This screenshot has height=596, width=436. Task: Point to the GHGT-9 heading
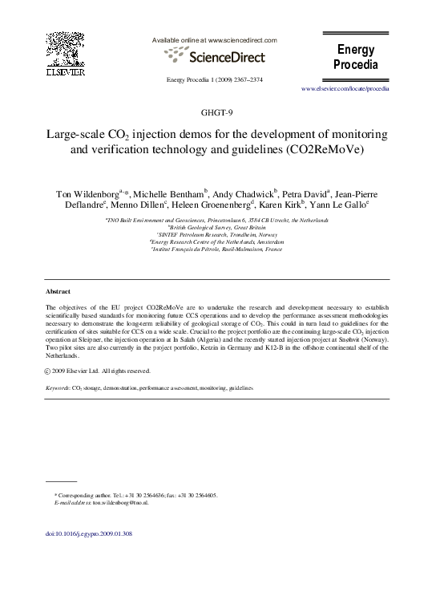pos(218,111)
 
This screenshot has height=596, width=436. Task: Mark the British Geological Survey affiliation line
pos(218,227)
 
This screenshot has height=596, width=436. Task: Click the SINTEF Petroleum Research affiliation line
pos(218,234)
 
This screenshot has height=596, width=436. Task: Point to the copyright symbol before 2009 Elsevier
pos(50,371)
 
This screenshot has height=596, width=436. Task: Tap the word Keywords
pos(58,387)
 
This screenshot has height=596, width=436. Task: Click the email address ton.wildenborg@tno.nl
pos(121,502)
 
